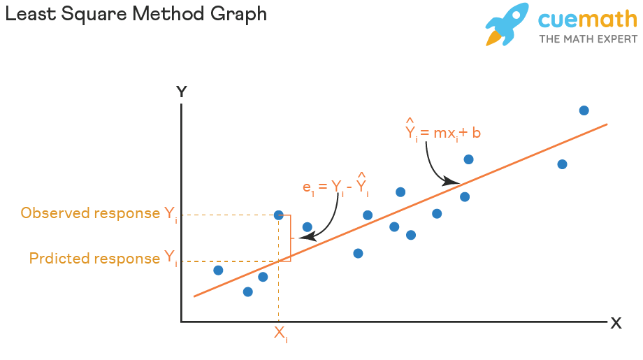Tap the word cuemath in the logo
point(587,20)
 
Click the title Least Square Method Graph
point(136,14)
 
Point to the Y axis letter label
point(182,92)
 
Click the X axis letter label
point(616,323)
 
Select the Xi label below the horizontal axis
point(280,334)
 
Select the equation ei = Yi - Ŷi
point(335,187)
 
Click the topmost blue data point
point(584,110)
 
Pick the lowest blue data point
point(247,291)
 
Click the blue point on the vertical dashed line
point(279,215)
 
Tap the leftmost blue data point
point(218,270)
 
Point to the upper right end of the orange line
point(606,125)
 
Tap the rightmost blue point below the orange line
point(562,164)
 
